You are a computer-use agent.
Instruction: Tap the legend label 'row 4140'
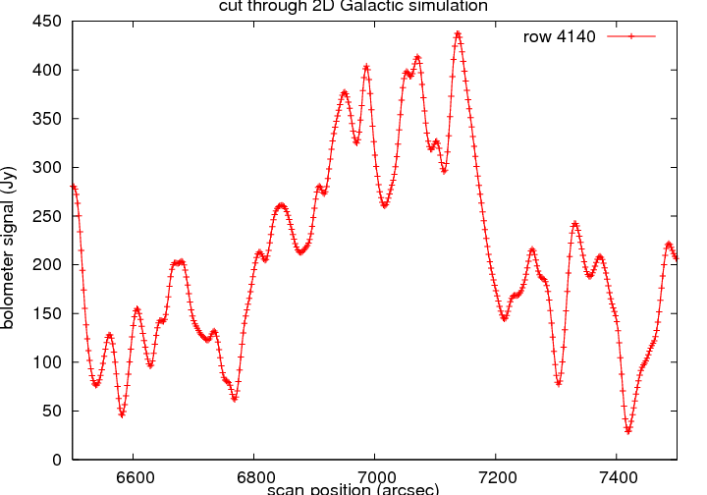click(560, 36)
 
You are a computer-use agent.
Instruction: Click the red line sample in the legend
click(630, 36)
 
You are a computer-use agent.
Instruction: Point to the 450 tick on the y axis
click(47, 22)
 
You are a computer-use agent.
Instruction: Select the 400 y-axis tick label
click(47, 71)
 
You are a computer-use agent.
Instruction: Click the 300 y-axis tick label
click(47, 168)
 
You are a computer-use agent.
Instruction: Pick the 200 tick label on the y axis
click(47, 265)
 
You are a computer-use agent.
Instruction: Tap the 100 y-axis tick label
click(47, 362)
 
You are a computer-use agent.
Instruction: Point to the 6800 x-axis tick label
click(253, 476)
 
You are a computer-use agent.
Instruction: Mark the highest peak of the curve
click(458, 33)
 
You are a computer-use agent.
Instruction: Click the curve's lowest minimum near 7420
click(627, 430)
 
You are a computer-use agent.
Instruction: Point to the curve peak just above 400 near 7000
click(366, 67)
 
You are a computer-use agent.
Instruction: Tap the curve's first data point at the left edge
click(73, 187)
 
